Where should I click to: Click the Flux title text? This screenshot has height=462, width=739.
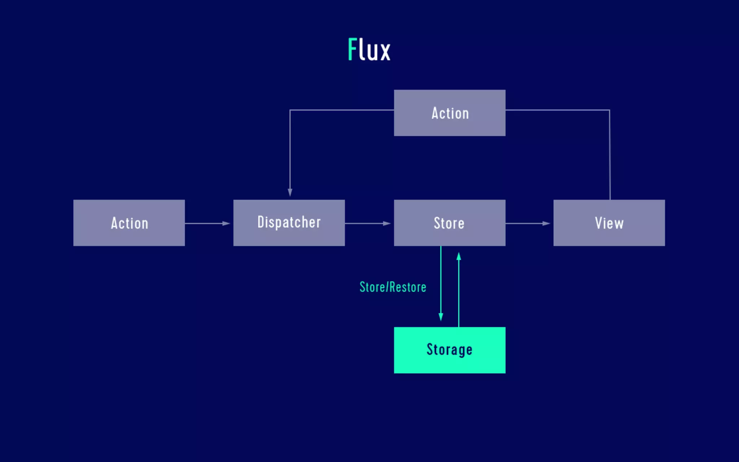click(369, 49)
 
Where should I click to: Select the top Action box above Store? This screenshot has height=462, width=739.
click(449, 113)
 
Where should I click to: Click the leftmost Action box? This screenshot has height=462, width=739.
click(129, 223)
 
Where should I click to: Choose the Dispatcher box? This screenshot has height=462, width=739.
click(289, 223)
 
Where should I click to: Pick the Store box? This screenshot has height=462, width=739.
click(449, 223)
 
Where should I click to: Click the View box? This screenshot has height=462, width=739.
click(609, 223)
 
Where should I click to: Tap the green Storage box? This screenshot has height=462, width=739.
click(449, 350)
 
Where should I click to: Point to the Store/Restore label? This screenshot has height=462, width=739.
click(393, 287)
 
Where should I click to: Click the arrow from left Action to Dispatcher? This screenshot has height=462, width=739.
click(207, 223)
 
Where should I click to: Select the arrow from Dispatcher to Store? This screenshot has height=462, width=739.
click(367, 223)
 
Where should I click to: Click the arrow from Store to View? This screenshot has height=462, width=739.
click(527, 223)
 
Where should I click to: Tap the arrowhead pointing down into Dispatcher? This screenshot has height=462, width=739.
click(290, 192)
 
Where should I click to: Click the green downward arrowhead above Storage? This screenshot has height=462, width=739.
click(441, 317)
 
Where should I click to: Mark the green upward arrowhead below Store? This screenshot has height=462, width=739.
click(459, 257)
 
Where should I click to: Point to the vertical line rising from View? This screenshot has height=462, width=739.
click(610, 155)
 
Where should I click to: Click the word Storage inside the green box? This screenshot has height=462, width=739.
click(449, 349)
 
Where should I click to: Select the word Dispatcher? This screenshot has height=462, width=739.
click(289, 222)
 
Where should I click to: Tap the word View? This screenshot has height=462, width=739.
click(609, 223)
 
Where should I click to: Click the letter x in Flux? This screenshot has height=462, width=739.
click(385, 52)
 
